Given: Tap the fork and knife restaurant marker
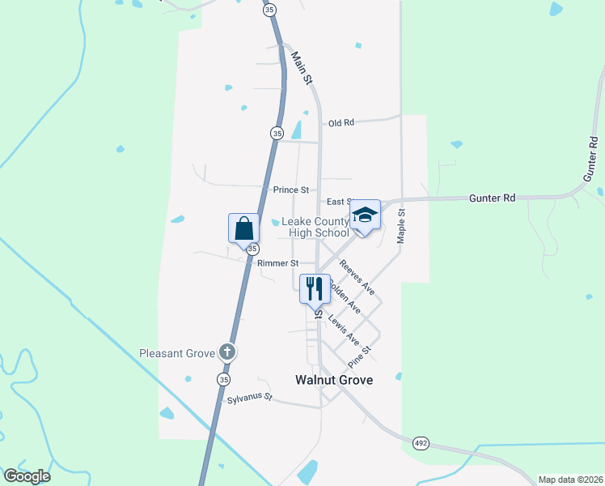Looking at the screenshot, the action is click(x=315, y=288).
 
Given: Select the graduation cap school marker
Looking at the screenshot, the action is click(x=365, y=215).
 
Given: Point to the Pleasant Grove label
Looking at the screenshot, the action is click(x=176, y=353).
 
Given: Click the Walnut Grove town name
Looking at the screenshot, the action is click(x=334, y=379).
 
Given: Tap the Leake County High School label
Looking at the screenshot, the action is click(x=315, y=228).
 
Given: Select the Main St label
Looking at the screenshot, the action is click(x=302, y=67).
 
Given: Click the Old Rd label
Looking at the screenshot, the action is click(x=341, y=123).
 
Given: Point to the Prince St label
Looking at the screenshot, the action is click(x=290, y=190).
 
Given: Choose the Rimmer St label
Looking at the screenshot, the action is click(x=277, y=263).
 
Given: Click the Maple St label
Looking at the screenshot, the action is click(x=400, y=225).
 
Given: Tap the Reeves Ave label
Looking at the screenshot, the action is click(x=357, y=276).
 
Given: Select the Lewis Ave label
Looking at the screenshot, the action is click(x=343, y=331).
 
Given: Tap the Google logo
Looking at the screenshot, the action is click(x=27, y=476).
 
